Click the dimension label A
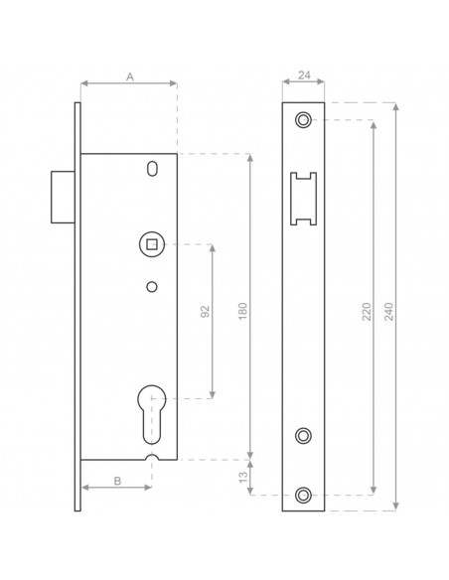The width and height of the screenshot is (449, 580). [128, 74]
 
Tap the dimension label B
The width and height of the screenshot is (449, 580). [116, 480]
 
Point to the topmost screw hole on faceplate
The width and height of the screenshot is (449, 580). [303, 119]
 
